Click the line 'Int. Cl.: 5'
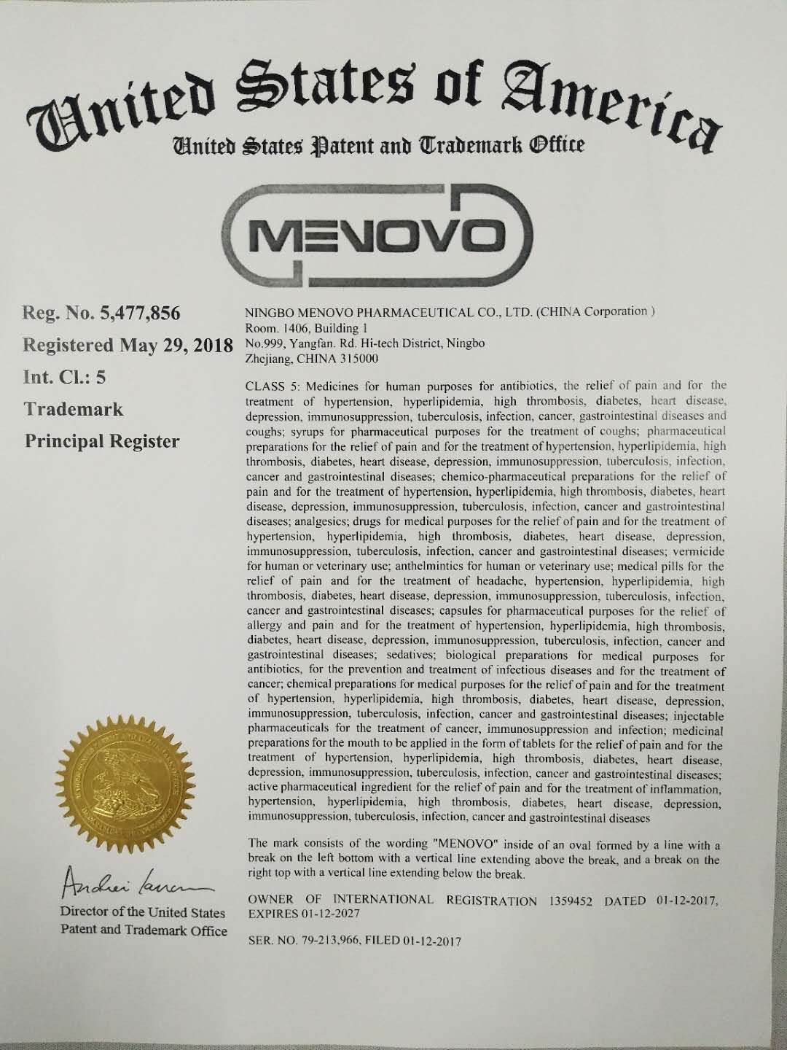click(x=65, y=378)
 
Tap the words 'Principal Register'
click(x=102, y=441)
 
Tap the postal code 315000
click(x=359, y=358)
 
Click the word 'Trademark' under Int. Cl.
click(x=74, y=409)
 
